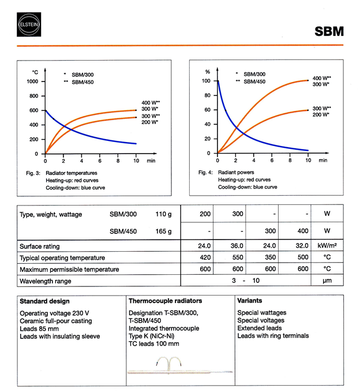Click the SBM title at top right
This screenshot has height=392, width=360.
(x=329, y=31)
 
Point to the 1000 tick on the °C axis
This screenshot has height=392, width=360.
(x=32, y=81)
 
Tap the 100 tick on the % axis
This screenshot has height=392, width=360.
(x=206, y=81)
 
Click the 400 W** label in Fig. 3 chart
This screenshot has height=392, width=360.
(x=151, y=103)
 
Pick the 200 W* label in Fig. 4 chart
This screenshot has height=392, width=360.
(x=321, y=115)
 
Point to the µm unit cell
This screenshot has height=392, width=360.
(x=328, y=281)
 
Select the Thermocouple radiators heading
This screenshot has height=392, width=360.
(x=165, y=301)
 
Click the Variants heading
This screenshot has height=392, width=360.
(x=250, y=301)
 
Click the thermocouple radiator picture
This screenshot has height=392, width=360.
(x=179, y=367)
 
